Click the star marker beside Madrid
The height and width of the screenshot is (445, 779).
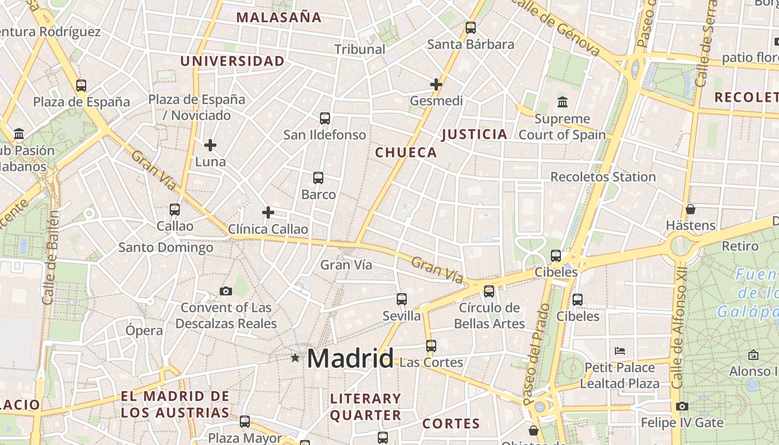(295, 358)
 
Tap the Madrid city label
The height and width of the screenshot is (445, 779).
(350, 358)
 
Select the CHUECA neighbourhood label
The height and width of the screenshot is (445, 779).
(406, 152)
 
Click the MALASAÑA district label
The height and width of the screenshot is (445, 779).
(279, 17)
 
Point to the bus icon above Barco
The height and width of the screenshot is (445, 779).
(318, 178)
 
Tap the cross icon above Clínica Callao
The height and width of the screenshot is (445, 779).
(268, 212)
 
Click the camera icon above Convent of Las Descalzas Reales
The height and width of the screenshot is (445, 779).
(226, 291)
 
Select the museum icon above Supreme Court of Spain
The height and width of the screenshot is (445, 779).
(563, 102)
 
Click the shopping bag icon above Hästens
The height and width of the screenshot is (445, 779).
(691, 209)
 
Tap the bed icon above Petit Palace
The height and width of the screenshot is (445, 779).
(620, 351)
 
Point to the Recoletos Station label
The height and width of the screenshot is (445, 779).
(603, 177)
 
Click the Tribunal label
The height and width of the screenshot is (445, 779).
(360, 49)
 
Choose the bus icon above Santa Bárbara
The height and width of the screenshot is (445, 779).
(471, 27)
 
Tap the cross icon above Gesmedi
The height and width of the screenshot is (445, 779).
(436, 85)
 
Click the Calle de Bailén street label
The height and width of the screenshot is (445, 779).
(50, 258)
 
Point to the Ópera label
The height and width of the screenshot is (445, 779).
(144, 330)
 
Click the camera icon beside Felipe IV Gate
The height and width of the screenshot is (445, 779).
(682, 406)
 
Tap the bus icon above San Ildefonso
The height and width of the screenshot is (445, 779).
(325, 118)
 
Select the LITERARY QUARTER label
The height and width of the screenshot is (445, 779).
(366, 407)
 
